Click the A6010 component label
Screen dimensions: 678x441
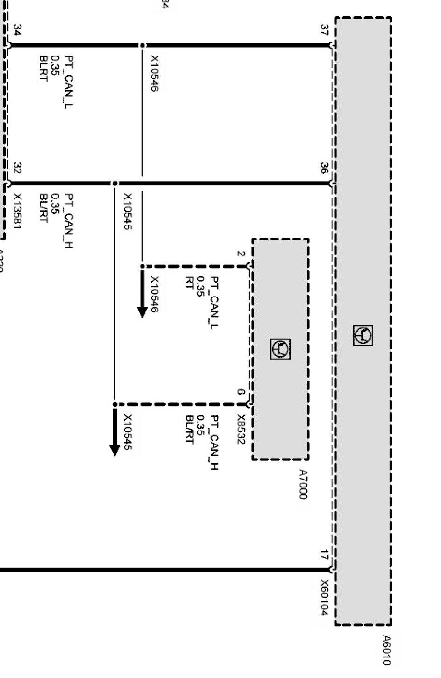[386, 649]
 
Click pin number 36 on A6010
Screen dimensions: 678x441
[324, 168]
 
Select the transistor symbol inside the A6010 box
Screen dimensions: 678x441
[363, 335]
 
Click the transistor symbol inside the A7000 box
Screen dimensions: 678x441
[280, 349]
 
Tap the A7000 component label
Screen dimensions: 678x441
[303, 484]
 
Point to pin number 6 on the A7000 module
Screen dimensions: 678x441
[240, 392]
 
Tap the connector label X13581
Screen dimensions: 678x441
[18, 211]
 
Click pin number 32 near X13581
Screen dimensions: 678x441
[17, 168]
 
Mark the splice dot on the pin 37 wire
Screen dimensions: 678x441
[142, 45]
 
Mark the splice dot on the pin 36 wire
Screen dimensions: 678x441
[115, 184]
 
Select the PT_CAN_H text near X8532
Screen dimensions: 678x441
[214, 442]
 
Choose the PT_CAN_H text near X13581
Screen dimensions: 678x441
[69, 221]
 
